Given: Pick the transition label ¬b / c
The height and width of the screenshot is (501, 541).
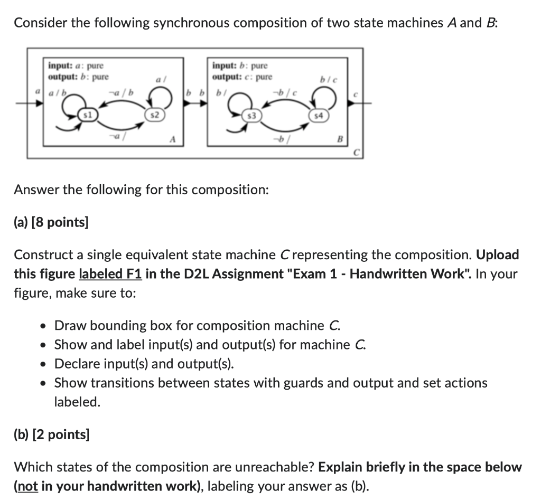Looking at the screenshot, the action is coord(287,93).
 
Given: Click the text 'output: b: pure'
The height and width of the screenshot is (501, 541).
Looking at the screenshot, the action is coord(78,77).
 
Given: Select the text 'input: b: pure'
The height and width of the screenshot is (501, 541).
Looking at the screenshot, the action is coord(240,66).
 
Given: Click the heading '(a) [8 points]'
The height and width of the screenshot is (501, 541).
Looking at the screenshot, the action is coord(51,222).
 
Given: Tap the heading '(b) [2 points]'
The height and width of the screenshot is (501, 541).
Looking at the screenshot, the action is coord(51,434).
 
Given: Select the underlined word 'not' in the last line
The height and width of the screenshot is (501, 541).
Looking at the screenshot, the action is coord(27,485).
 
